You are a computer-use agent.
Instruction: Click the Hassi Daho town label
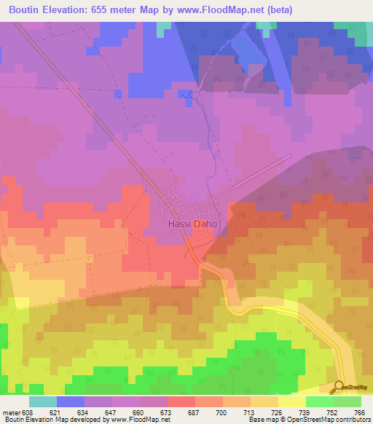192,224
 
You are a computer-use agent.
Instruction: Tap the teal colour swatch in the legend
43,401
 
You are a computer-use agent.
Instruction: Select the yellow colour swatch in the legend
291,401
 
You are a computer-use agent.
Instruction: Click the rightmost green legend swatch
348,401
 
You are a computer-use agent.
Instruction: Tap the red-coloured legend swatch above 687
181,401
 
